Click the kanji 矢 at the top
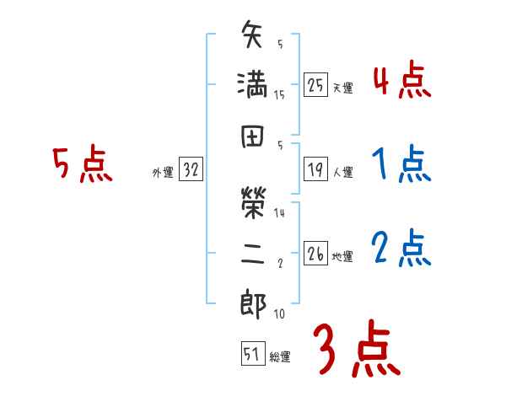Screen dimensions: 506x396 pos(252,38)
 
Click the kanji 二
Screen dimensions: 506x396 pos(252,254)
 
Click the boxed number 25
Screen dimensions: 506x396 pos(316,86)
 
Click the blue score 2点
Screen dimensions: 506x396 pos(401,249)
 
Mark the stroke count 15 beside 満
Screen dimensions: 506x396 pos(279,95)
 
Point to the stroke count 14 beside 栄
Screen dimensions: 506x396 pos(279,214)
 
